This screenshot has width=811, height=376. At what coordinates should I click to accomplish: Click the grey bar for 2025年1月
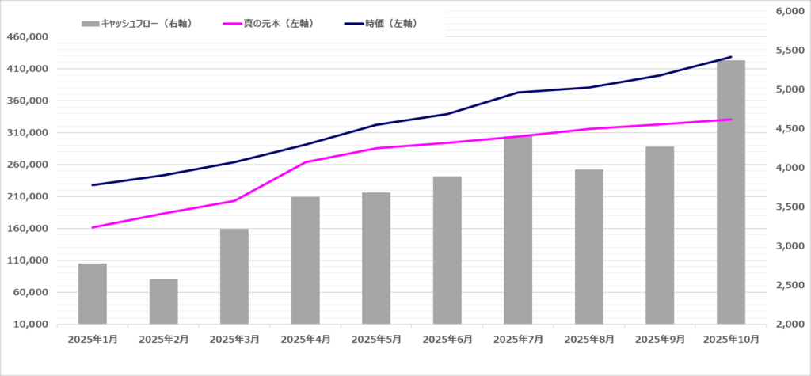pos(93,294)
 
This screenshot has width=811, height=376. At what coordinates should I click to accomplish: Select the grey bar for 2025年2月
pos(163,302)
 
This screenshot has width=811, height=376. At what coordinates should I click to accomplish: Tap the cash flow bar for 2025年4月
pos(306,260)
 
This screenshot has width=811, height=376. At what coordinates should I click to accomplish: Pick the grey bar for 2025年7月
pos(518,230)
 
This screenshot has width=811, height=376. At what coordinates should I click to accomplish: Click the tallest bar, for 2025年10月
pos(731,192)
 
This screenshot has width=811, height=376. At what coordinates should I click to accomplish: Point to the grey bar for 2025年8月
pos(589,247)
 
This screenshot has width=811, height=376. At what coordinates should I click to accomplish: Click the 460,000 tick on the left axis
pos(28,37)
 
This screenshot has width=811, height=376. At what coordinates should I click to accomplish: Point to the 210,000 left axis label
pos(28,196)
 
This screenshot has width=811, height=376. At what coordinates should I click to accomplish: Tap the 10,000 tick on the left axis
pos(31,325)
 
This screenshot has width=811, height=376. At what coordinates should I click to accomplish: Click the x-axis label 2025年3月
pos(234,340)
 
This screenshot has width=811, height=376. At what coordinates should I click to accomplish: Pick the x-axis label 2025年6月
pos(447,340)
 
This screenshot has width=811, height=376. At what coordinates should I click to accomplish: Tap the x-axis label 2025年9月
pos(661,340)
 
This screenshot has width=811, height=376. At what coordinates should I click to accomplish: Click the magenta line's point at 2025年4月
pos(306,162)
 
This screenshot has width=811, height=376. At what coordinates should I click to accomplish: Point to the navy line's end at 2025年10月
pos(731,57)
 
